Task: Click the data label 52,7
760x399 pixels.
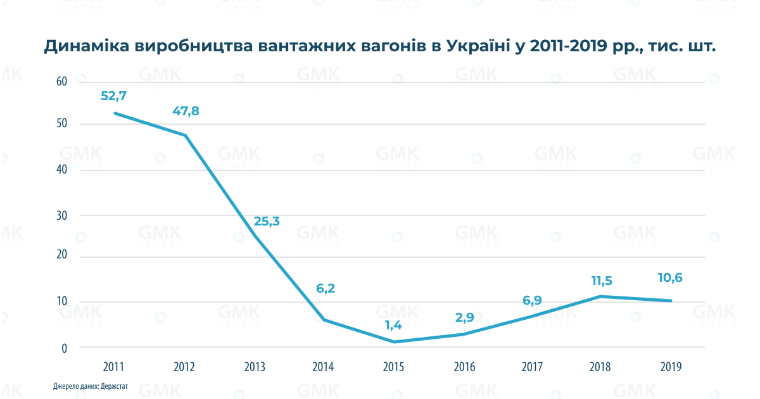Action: coord(114,96)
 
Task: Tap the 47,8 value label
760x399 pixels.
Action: coord(186,111)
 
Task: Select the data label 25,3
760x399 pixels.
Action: coord(267,221)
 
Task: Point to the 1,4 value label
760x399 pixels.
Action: coord(393,326)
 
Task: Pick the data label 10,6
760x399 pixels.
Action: coord(670,277)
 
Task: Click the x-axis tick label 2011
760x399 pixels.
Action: coord(114,367)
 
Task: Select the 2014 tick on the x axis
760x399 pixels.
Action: coord(323,367)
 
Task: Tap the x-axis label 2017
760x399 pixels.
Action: coord(532,367)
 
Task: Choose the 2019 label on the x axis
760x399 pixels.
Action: coord(671,367)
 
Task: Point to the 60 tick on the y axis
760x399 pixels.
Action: coord(61,81)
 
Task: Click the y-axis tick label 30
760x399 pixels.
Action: coord(61,215)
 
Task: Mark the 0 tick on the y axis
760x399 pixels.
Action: coord(64,348)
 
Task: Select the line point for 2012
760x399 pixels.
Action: coord(185,136)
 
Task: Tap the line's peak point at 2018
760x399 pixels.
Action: coord(600,296)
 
